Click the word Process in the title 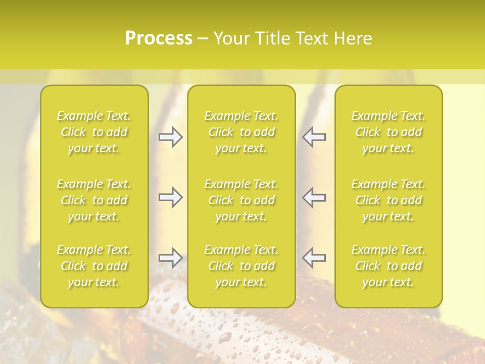159,38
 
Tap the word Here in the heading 354,38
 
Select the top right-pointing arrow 171,137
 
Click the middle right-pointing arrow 171,197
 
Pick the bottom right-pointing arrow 171,258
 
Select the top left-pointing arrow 314,137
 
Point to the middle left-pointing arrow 314,197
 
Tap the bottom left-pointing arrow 314,258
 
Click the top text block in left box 94,132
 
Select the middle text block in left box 94,200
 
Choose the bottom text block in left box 94,266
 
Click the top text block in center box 241,132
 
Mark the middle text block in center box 241,200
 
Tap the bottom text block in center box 241,266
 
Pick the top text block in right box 389,132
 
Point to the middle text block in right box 389,200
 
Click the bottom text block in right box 389,266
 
